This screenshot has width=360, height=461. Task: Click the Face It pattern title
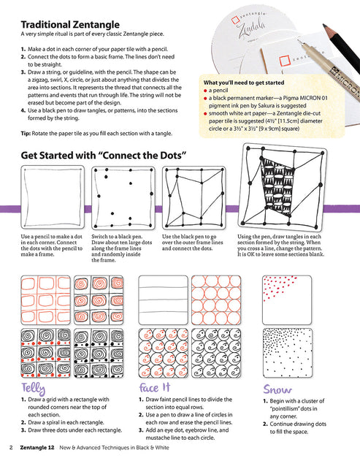click(x=154, y=386)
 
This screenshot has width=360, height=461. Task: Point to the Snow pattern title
click(x=280, y=389)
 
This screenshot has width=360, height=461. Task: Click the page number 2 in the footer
click(x=11, y=446)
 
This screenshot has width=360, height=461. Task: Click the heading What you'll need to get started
click(x=247, y=83)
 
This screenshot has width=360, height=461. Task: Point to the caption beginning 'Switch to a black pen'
click(x=119, y=247)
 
